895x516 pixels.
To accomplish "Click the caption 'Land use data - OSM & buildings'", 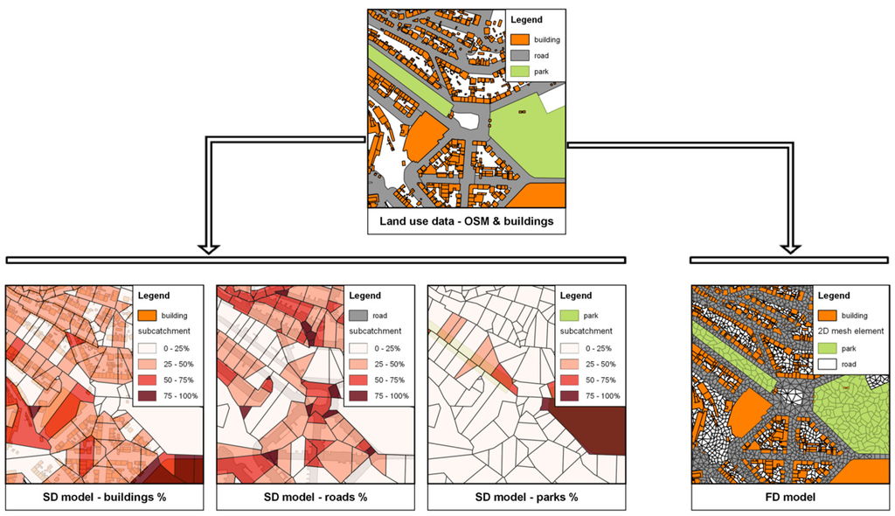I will click(466, 221).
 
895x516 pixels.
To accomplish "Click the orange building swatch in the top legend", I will click(519, 40).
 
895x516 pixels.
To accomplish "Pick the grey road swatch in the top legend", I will click(519, 55).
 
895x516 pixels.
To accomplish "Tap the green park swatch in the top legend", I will click(519, 71).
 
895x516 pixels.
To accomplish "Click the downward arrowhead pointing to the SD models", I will click(208, 247).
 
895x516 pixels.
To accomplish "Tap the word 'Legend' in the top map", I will click(526, 20).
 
